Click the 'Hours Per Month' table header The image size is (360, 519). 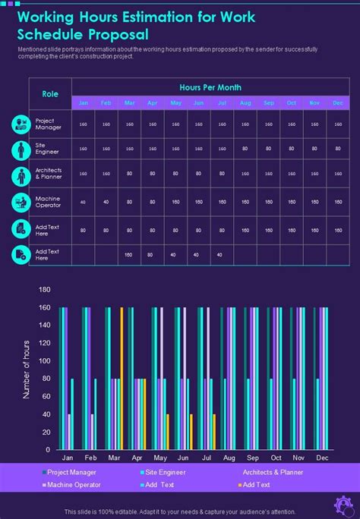(x=210, y=87)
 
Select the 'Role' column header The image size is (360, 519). (x=50, y=94)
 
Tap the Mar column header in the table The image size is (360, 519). (x=129, y=103)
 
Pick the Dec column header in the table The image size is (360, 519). (x=338, y=103)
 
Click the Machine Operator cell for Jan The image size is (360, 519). (x=83, y=202)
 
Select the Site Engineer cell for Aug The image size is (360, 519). (x=245, y=149)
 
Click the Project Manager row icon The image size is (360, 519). (x=21, y=124)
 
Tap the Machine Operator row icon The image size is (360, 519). (x=21, y=203)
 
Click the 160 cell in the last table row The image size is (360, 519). (x=129, y=255)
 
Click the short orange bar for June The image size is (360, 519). (x=191, y=432)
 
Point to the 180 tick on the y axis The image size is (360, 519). (x=44, y=290)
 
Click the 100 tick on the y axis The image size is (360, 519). (x=44, y=360)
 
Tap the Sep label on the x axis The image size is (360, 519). (x=252, y=458)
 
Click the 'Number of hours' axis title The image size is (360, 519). (x=26, y=370)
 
